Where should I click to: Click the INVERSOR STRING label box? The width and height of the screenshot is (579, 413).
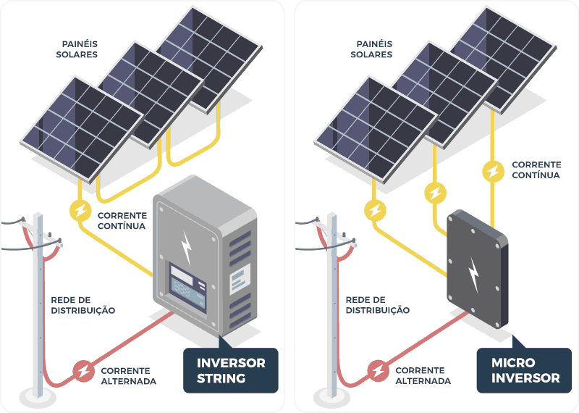231,370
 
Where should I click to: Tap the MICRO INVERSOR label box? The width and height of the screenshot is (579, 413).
525,370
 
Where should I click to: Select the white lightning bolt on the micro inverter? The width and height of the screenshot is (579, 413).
474,273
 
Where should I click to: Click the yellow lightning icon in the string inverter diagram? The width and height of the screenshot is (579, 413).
79,211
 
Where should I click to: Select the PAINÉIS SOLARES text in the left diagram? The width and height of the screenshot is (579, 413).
77,49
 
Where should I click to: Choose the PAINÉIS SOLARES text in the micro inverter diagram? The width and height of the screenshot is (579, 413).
371,49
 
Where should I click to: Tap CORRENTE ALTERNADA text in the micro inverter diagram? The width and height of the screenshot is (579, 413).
423,375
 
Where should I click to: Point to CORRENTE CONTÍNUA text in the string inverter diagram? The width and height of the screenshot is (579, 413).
121,220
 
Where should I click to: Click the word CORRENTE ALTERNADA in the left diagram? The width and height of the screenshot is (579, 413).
129,375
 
